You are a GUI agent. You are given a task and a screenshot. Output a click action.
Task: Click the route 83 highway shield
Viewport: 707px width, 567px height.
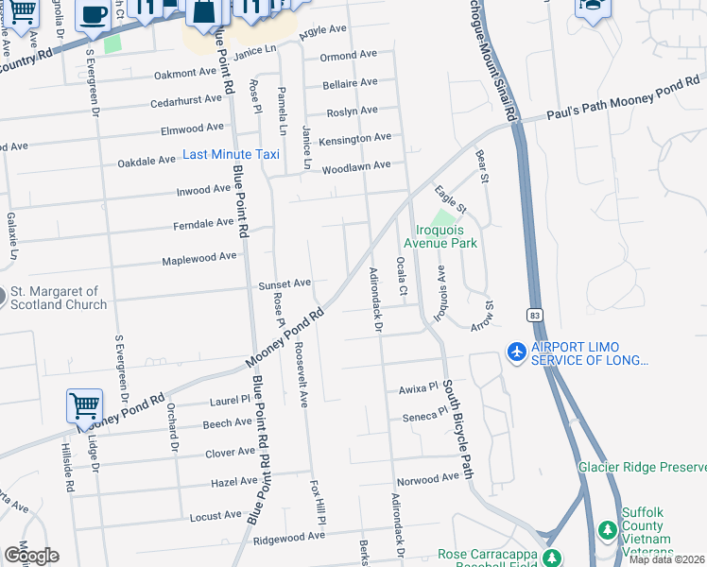click(x=535, y=315)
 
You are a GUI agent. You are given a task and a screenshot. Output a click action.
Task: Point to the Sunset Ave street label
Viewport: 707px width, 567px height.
click(x=285, y=283)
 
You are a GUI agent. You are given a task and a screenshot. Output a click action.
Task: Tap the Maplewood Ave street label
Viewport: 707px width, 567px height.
click(x=198, y=257)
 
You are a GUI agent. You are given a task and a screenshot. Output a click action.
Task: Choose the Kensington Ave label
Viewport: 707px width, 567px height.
click(x=355, y=139)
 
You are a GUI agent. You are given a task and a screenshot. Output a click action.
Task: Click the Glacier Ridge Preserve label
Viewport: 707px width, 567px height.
click(x=642, y=468)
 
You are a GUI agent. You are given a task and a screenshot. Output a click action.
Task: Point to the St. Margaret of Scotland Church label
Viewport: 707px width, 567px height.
click(x=59, y=298)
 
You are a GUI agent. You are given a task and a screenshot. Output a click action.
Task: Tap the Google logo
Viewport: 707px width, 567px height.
click(x=31, y=555)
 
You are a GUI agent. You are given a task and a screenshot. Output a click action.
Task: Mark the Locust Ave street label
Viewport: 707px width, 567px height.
click(x=216, y=516)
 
